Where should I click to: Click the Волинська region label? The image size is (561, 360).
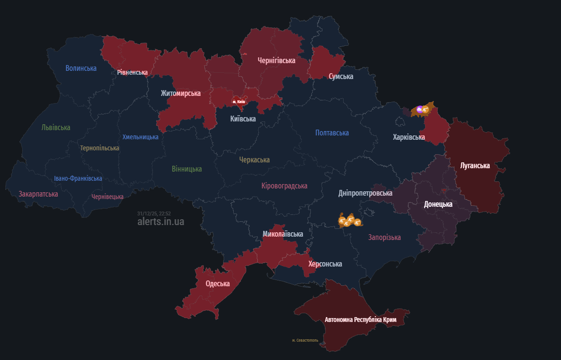[x=81, y=68]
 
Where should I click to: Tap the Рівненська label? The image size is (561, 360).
[x=132, y=72]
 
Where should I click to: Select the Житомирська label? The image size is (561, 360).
[x=181, y=93]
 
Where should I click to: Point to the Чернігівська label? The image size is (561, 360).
[x=276, y=61]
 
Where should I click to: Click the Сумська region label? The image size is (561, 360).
[x=341, y=77]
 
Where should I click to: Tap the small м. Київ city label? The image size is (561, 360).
[x=239, y=102]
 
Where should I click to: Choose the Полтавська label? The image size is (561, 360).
[x=332, y=133]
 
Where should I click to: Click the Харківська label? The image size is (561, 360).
[x=409, y=137]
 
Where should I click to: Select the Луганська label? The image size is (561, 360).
[x=475, y=166]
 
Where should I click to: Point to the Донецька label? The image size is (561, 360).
[x=438, y=204]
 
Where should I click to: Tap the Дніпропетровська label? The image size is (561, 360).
[x=365, y=193]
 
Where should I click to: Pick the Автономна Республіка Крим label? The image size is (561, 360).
[x=361, y=320]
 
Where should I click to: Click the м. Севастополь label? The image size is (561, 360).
[x=305, y=340]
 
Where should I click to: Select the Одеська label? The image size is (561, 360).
[x=217, y=284]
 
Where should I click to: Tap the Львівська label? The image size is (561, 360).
[x=56, y=128]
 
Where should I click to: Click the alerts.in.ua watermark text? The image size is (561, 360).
[x=160, y=222]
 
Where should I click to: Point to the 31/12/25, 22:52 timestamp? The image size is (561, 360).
[x=154, y=213]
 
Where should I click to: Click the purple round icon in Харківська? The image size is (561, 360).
[x=419, y=110]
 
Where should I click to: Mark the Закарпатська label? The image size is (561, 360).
[x=39, y=194]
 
